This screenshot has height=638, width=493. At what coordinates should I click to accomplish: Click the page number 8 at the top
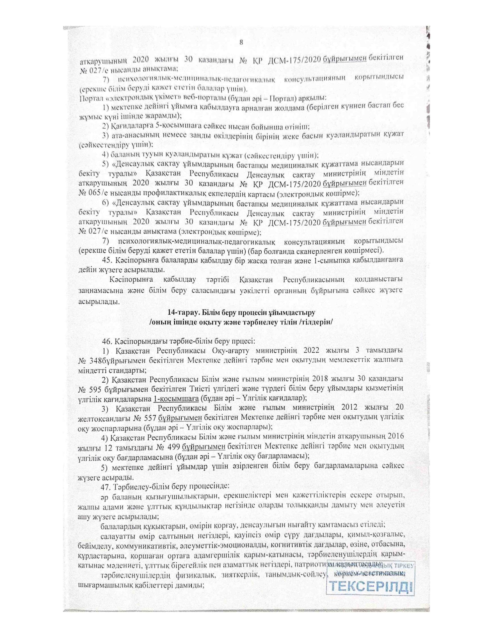coord(241,42)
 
